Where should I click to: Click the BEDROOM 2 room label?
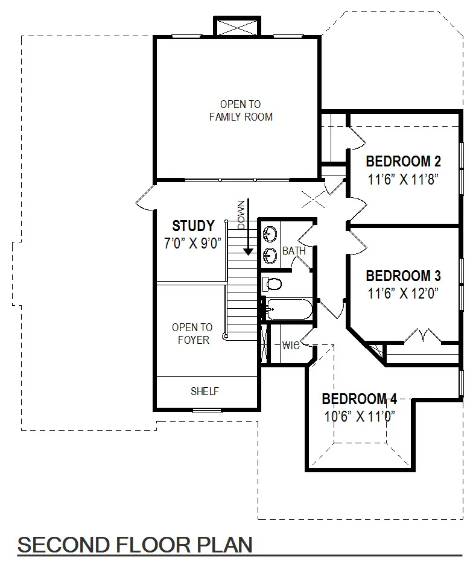[x=403, y=161]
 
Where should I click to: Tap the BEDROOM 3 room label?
[x=403, y=276]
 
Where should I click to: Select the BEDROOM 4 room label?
[x=360, y=399]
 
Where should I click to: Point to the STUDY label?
[x=193, y=226]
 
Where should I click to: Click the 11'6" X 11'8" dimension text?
[x=403, y=180]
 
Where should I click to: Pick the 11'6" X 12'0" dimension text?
[x=403, y=294]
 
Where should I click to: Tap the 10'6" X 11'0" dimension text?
[x=360, y=417]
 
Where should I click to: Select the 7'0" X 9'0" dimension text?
[x=192, y=243]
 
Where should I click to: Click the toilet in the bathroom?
[x=272, y=284]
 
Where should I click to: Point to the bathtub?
[x=289, y=309]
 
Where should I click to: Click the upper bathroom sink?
[x=270, y=235]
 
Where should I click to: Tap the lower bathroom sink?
[x=270, y=255]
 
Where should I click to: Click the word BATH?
[x=294, y=251]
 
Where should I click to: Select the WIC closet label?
[x=291, y=346]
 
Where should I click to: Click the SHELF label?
[x=205, y=391]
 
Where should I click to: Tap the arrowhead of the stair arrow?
[x=249, y=252]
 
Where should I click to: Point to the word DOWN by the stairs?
[x=241, y=215]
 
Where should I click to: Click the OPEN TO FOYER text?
[x=192, y=334]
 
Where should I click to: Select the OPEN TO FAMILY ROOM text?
[x=241, y=110]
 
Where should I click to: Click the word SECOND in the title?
[x=64, y=545]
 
